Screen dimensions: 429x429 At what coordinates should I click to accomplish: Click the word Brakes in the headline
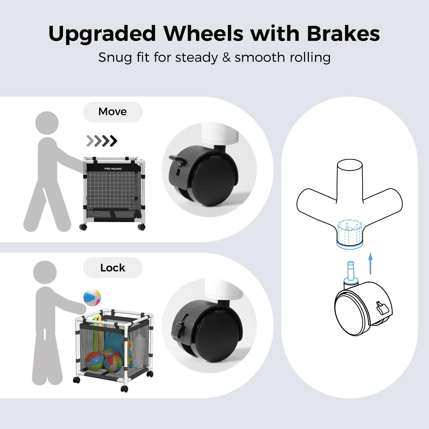pos(343,34)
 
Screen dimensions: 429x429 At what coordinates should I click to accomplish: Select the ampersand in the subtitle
pos(226,58)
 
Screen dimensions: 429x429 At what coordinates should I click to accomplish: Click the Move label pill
pos(113,112)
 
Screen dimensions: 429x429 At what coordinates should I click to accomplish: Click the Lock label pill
pos(113,268)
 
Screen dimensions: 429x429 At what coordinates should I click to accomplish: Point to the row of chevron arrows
pos(102,141)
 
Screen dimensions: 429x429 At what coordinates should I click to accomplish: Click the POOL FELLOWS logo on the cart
pos(113,169)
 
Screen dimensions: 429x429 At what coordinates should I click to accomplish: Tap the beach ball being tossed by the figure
pos(92,297)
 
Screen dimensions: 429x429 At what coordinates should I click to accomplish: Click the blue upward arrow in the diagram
pos(371,263)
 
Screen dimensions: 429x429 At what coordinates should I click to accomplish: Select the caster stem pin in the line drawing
pos(351,272)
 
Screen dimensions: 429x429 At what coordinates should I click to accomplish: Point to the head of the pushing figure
pos(47,123)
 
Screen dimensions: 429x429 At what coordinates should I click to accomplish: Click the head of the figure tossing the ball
pos(45,272)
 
